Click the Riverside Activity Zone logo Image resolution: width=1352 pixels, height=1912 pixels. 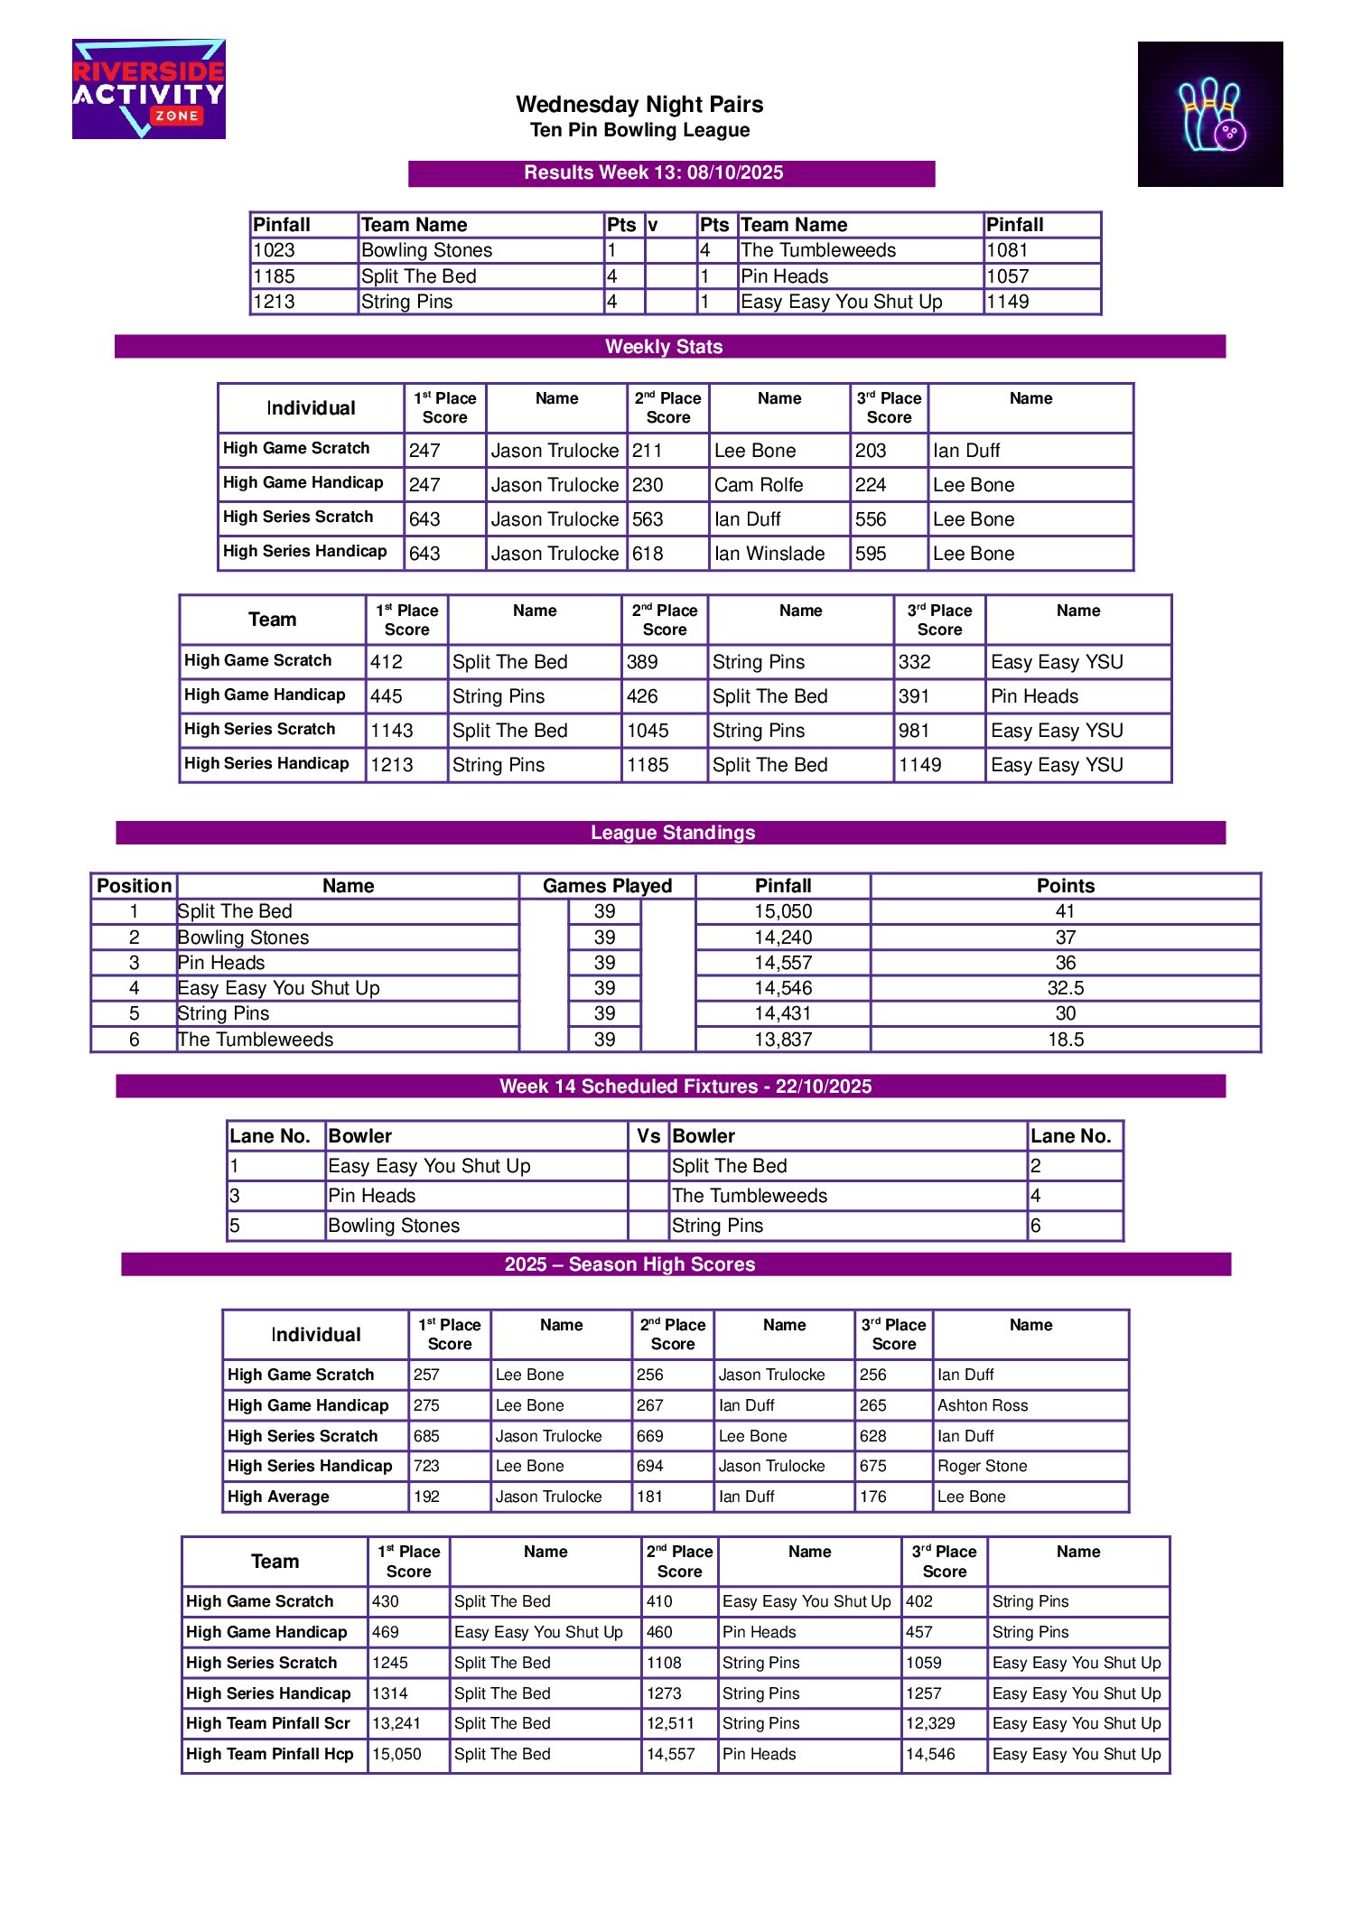click(x=149, y=89)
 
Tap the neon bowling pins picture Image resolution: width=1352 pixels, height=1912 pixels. click(x=1209, y=114)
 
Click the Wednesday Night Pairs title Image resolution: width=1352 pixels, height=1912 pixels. click(x=639, y=105)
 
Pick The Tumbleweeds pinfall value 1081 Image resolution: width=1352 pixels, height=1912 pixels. click(x=1007, y=250)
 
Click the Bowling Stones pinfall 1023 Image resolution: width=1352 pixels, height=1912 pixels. click(x=275, y=250)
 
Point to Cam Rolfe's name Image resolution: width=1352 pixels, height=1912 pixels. click(x=759, y=485)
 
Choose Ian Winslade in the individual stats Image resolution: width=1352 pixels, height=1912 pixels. click(x=769, y=554)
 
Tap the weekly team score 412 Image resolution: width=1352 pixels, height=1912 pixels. click(x=387, y=662)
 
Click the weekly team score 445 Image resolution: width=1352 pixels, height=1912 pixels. click(x=387, y=696)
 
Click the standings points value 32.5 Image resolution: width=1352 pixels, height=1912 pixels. click(x=1066, y=988)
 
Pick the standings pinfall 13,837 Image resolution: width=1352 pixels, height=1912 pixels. click(x=783, y=1040)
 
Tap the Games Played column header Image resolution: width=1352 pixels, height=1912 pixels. click(x=607, y=886)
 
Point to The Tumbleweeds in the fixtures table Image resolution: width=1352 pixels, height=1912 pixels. click(x=750, y=1196)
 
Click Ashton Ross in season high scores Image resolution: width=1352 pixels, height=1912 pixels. click(x=983, y=1405)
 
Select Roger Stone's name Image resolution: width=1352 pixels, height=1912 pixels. click(x=982, y=1466)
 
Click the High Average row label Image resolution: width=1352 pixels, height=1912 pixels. click(x=278, y=1497)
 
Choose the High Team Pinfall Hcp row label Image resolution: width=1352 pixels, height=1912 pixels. click(x=269, y=1754)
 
